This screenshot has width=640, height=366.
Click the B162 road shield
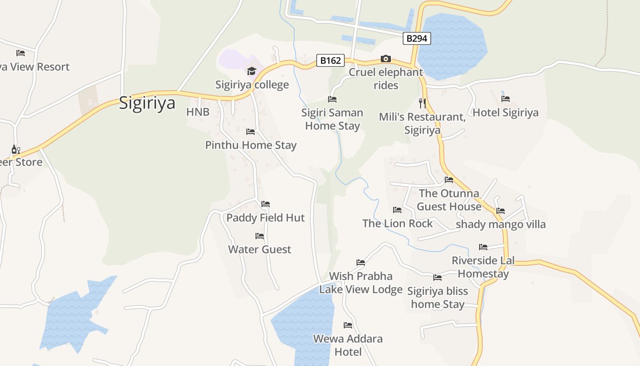(x=330, y=60)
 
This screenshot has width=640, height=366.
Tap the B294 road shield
(x=416, y=38)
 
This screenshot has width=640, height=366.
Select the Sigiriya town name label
(x=147, y=103)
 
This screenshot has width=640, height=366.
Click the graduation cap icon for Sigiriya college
(x=251, y=71)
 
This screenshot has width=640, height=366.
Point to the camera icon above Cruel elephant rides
(x=386, y=59)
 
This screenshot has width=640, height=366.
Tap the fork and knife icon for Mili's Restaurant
(x=422, y=103)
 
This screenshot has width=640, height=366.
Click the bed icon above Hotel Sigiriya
(x=505, y=99)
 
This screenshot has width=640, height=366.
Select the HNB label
(x=197, y=112)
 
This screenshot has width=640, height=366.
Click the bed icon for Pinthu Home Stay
(x=251, y=132)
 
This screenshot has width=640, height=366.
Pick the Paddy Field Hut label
(x=265, y=218)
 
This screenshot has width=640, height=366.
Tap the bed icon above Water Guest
(x=260, y=236)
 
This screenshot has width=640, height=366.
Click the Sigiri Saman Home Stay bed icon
(x=332, y=99)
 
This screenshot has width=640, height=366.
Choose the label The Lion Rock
(x=397, y=223)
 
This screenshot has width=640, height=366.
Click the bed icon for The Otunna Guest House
(x=449, y=180)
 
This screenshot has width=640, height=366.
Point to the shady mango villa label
(x=501, y=224)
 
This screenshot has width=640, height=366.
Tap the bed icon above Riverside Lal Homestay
(x=483, y=247)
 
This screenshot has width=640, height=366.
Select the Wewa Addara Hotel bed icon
(x=348, y=325)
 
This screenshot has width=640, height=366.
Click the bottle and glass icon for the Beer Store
(x=16, y=149)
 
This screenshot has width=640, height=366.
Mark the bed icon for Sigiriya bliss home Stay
(x=437, y=277)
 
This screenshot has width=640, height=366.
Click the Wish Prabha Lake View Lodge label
(x=361, y=283)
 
